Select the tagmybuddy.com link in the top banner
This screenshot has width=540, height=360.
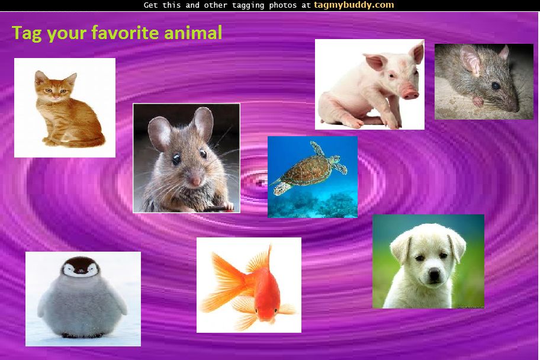point(353,5)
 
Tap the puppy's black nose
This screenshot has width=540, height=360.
point(434,274)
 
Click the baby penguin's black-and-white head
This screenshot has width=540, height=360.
point(80,267)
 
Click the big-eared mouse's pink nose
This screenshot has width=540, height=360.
point(195,181)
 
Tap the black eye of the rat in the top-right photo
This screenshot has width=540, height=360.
point(496,85)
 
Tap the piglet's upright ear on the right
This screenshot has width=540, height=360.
point(418,52)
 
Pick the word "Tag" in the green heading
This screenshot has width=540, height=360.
point(27,34)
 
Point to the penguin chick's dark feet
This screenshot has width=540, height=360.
point(82,335)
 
